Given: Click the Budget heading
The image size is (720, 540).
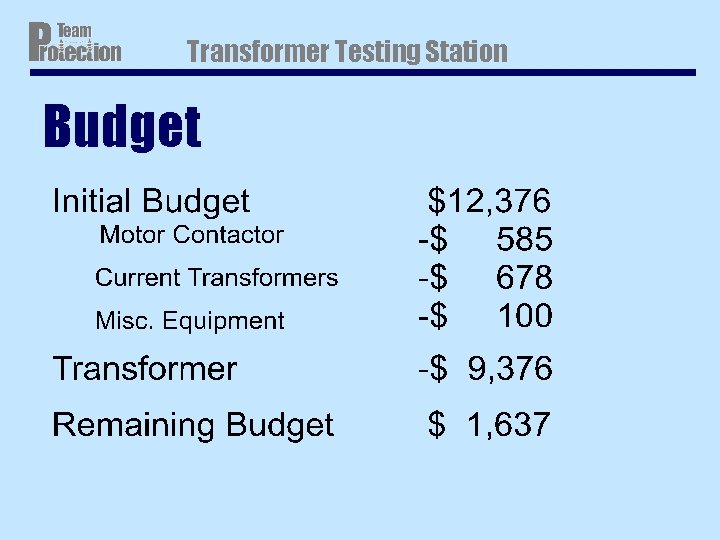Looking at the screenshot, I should [x=121, y=128].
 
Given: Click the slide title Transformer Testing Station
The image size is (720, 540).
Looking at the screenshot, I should [x=347, y=51].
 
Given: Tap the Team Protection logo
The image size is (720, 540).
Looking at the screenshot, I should [x=74, y=43].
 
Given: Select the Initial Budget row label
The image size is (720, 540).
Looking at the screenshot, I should [x=150, y=201].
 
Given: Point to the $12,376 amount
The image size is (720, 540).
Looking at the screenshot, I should [x=489, y=201].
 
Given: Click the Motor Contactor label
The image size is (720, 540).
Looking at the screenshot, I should [x=191, y=235].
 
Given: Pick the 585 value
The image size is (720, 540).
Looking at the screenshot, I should [x=524, y=239].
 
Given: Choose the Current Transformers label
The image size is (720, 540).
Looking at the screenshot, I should [x=216, y=277].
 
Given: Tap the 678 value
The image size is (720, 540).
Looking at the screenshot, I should [x=524, y=277].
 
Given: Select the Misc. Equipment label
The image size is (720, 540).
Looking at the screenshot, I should [x=189, y=321].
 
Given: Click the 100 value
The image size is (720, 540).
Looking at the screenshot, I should [x=524, y=316].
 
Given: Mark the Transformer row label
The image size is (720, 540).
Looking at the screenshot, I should [x=144, y=369].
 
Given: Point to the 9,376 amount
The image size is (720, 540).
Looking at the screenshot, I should [x=509, y=369].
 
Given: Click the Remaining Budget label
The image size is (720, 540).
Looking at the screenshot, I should [x=192, y=425].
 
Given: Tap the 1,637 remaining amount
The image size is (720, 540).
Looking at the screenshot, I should [x=508, y=425].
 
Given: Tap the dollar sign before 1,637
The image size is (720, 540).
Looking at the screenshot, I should [x=436, y=425].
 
